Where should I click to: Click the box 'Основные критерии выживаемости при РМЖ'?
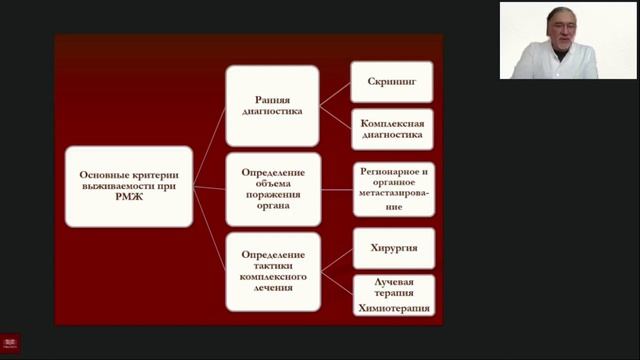click(x=129, y=186)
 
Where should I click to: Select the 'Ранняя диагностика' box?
click(x=272, y=105)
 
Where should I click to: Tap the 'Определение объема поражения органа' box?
click(x=272, y=188)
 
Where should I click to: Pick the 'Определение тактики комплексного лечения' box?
click(x=272, y=272)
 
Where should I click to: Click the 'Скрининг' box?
click(x=392, y=80)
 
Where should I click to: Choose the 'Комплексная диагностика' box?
click(x=392, y=128)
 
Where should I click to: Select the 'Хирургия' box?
click(x=393, y=247)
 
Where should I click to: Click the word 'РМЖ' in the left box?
click(x=129, y=200)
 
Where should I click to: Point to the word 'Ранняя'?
click(x=273, y=99)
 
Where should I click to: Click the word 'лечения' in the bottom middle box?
click(x=273, y=289)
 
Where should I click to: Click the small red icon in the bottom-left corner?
click(x=11, y=343)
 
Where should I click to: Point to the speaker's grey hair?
click(x=560, y=13)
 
